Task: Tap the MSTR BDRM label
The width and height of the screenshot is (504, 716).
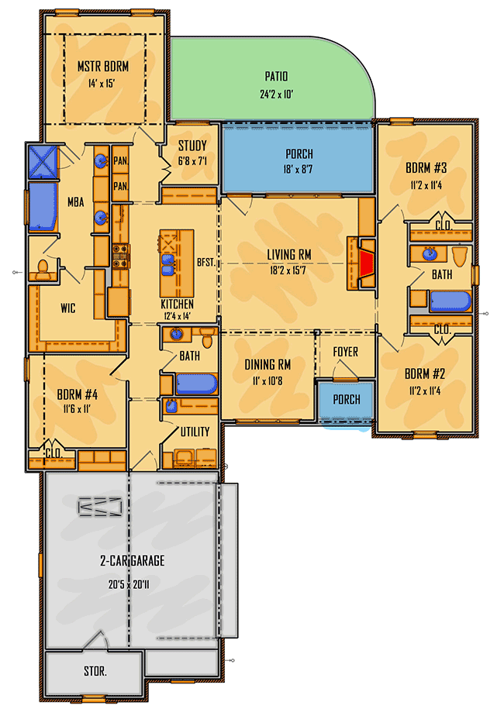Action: pyautogui.click(x=102, y=67)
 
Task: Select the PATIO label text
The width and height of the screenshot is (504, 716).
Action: pyautogui.click(x=275, y=77)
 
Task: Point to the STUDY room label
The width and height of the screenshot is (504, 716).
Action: pyautogui.click(x=192, y=146)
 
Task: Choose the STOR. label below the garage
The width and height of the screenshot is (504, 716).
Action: pyautogui.click(x=94, y=672)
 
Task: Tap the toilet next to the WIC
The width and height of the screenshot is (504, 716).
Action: pyautogui.click(x=44, y=269)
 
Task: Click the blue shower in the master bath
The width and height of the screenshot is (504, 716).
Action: pyautogui.click(x=43, y=162)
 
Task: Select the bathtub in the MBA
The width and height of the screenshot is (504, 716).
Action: pyautogui.click(x=44, y=207)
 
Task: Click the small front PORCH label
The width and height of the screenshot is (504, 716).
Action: pyautogui.click(x=346, y=400)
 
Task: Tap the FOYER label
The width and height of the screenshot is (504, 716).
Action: pyautogui.click(x=346, y=352)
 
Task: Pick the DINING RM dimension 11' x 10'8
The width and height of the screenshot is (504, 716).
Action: pyautogui.click(x=268, y=380)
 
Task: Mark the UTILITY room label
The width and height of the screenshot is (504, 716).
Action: pyautogui.click(x=195, y=432)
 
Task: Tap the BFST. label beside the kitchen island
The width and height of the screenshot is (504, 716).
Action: pyautogui.click(x=206, y=263)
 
